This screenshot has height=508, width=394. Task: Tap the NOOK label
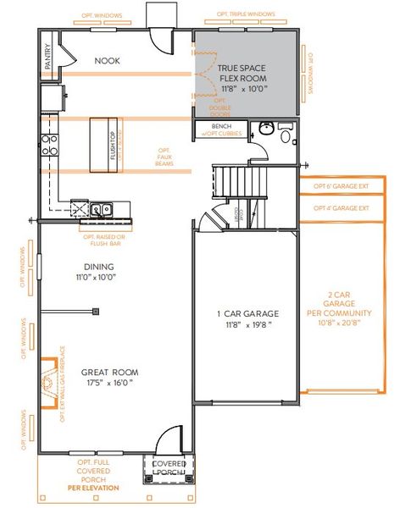click(x=108, y=60)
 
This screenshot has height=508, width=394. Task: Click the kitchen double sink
click(x=102, y=207)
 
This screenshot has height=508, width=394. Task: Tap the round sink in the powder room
click(x=265, y=129)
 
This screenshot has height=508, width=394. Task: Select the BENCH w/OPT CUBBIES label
click(x=219, y=130)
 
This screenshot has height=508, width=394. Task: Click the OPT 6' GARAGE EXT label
click(x=341, y=186)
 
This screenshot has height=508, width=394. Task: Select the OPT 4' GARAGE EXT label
click(x=341, y=207)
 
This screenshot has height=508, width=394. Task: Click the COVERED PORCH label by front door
click(x=169, y=468)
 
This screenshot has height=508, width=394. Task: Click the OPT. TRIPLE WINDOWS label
click(x=246, y=14)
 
